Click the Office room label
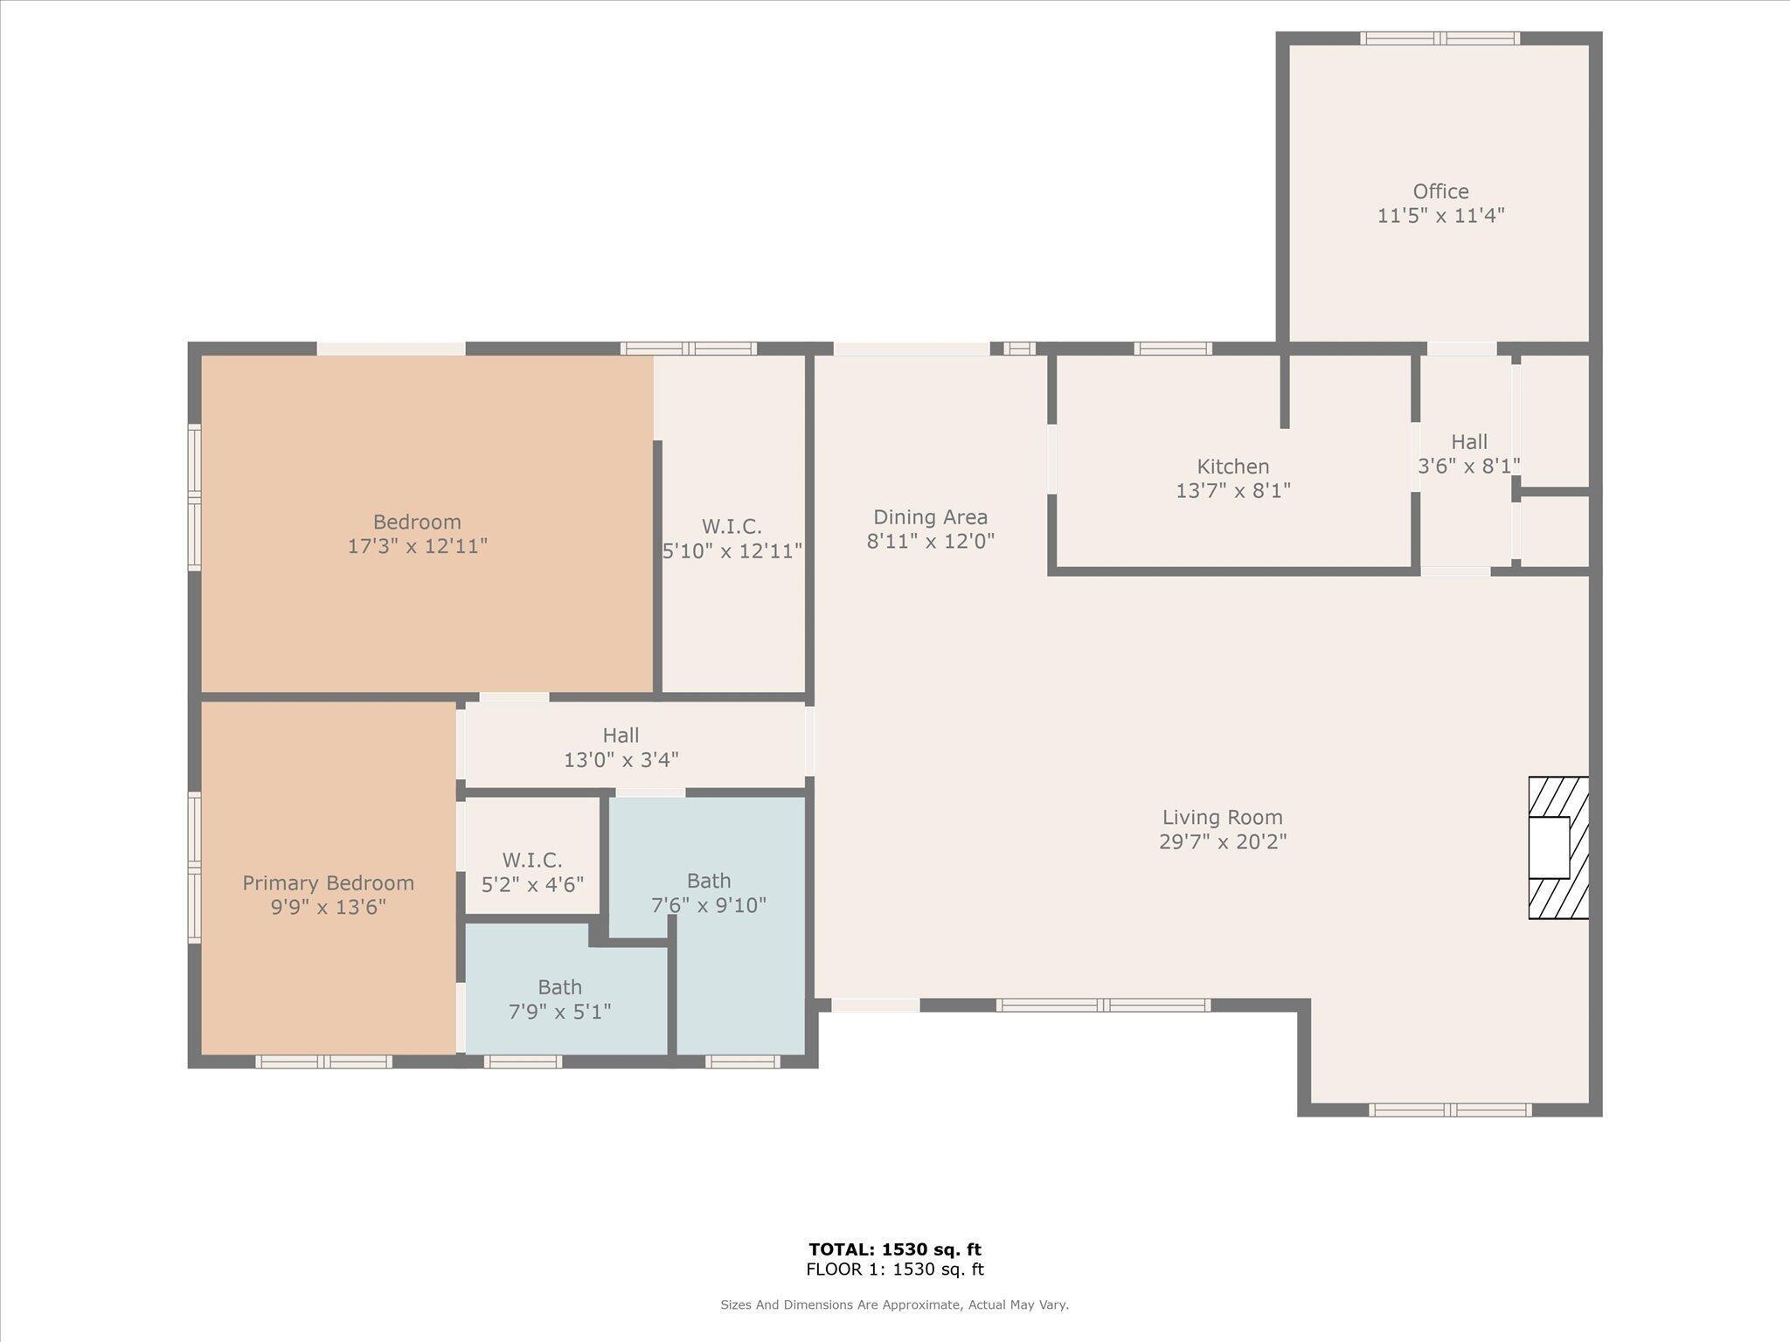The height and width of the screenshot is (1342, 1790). [1440, 191]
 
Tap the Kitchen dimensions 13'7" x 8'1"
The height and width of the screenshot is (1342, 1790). [1232, 491]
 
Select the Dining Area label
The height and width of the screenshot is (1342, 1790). [930, 517]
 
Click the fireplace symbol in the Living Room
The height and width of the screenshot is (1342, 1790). [1558, 847]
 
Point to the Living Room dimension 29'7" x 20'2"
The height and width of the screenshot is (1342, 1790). [1222, 842]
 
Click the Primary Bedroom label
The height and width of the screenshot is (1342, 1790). [328, 883]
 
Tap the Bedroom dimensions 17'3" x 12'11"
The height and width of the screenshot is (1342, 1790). [417, 547]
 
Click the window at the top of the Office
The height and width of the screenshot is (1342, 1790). [1440, 38]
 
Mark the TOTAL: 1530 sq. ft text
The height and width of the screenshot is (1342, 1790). [894, 1249]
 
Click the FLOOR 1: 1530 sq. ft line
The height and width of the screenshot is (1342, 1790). [894, 1269]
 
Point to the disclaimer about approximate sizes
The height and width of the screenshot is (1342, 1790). [894, 1304]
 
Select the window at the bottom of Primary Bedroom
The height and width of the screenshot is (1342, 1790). [323, 1062]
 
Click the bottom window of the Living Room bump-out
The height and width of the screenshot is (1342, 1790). [1449, 1110]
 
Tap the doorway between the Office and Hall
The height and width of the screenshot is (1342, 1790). [1461, 349]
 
